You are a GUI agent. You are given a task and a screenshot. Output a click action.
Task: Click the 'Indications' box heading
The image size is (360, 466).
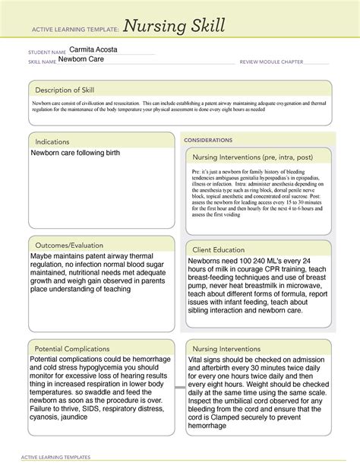point(49,141)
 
